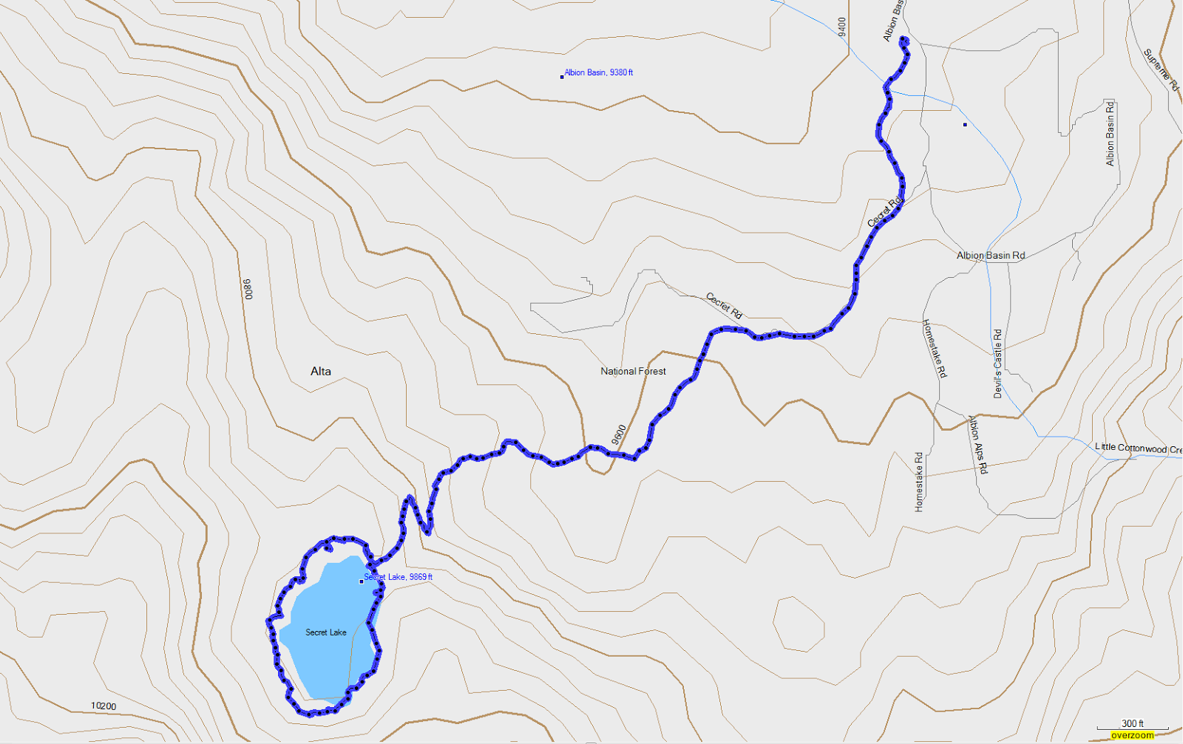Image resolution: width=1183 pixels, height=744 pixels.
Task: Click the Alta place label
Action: click(x=321, y=372)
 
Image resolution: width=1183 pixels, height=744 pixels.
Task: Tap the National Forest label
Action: click(x=633, y=372)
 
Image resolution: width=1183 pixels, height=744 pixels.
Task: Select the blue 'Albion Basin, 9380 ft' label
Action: click(x=599, y=72)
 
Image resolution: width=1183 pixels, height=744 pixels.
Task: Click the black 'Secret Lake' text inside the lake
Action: click(x=326, y=632)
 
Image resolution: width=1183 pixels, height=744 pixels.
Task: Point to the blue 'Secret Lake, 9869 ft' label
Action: click(x=399, y=577)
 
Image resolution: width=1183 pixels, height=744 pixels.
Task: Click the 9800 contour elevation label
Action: click(x=248, y=289)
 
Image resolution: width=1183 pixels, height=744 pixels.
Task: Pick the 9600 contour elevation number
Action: click(x=619, y=434)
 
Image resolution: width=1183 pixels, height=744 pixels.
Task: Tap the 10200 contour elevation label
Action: click(x=104, y=706)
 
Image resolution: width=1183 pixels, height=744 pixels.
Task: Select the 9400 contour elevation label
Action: click(x=842, y=27)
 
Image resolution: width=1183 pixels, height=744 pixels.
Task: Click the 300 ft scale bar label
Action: click(x=1132, y=723)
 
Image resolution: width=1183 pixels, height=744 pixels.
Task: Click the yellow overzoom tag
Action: click(x=1132, y=736)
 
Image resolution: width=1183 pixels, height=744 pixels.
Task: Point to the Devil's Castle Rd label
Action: click(x=997, y=364)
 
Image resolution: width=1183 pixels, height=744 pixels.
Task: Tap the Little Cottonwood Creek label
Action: click(x=1137, y=448)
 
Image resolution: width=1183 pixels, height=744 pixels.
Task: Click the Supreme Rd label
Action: click(x=1160, y=69)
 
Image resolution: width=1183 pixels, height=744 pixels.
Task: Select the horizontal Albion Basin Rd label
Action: click(x=991, y=256)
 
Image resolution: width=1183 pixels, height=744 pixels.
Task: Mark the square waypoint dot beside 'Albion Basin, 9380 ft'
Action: click(x=562, y=76)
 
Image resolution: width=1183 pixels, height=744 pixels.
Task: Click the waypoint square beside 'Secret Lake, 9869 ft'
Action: click(x=362, y=581)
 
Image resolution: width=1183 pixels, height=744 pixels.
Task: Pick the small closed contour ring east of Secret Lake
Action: click(x=799, y=624)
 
